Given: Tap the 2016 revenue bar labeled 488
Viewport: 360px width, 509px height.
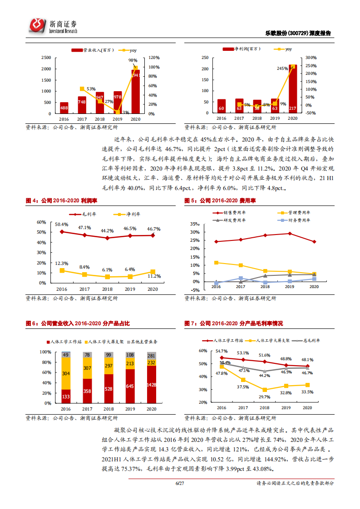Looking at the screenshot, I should (64, 108).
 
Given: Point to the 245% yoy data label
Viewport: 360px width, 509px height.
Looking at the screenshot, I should (282, 69).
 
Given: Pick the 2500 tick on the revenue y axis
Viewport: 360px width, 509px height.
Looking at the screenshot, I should (46, 58).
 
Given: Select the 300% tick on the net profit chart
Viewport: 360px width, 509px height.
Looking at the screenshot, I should (311, 58).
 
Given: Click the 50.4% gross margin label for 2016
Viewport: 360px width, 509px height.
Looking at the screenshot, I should (61, 225).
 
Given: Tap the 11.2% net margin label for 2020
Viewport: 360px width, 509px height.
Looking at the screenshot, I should (154, 276).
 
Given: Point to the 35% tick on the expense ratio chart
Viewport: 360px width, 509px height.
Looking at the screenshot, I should (194, 225).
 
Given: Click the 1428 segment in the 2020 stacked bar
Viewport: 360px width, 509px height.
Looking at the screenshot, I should (151, 385).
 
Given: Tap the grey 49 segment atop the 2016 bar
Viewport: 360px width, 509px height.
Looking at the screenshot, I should (66, 355).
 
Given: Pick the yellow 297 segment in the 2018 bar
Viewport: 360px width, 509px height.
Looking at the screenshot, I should (108, 366).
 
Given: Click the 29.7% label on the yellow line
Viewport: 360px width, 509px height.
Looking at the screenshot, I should (264, 397).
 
